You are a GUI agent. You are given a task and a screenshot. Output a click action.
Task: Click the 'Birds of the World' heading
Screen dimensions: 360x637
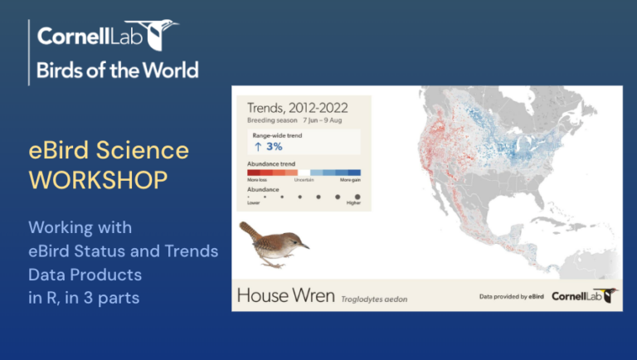pos(117,70)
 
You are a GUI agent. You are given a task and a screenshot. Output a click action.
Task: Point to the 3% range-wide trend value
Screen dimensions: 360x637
pos(275,146)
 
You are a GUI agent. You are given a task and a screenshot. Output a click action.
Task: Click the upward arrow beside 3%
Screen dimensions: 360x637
pos(258,146)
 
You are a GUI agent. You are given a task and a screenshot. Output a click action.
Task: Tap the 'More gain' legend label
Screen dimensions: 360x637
pos(350,180)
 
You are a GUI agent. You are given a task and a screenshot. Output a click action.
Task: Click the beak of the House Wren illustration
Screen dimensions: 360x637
pos(304,246)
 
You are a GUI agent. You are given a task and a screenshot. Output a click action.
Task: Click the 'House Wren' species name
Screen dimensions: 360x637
pos(286,295)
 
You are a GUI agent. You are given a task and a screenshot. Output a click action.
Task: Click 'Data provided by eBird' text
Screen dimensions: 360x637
pos(512,296)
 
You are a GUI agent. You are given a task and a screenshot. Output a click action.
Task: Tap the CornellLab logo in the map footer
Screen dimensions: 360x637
pos(585,295)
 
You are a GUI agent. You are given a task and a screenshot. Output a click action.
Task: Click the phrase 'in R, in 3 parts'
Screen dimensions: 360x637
pos(84,297)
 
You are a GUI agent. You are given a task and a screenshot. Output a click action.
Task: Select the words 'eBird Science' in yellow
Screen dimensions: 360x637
pos(109,150)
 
